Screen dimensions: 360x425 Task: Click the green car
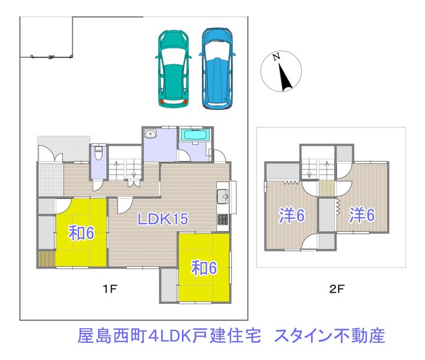tap(174, 70)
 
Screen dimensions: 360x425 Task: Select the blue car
tap(217, 69)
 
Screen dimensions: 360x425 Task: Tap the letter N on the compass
tap(276, 58)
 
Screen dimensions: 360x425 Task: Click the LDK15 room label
tap(162, 220)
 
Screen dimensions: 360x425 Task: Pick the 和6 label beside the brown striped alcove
tap(81, 234)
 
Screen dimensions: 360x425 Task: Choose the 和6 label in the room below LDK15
tap(204, 268)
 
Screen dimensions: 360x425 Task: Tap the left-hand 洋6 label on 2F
tap(292, 215)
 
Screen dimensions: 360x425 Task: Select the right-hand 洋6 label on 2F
tap(362, 215)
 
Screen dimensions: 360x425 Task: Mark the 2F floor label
tap(337, 289)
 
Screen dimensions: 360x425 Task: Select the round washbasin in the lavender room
tap(152, 134)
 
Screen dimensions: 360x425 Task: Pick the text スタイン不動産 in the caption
tap(330, 336)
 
